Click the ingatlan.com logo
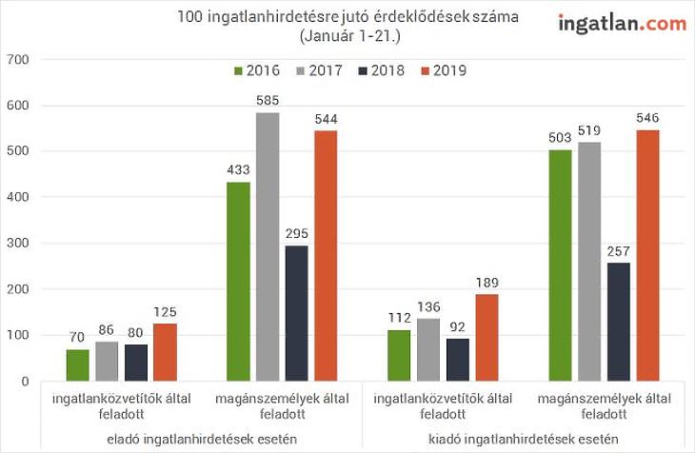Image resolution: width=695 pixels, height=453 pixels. coord(621,24)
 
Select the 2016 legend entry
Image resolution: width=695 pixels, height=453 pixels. coord(255,70)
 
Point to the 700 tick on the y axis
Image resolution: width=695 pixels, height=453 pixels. coord(19,60)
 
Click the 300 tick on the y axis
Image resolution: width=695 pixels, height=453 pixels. coord(19,244)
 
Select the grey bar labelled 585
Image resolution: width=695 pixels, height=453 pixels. coord(268,246)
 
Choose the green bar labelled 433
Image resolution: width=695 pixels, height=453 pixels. coord(238,282)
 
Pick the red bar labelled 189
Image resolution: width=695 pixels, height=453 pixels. coord(487,338)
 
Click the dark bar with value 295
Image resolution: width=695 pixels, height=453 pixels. coord(296,313)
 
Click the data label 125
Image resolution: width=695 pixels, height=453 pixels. coord(165,312)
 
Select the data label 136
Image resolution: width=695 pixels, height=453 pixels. coord(429,306)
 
